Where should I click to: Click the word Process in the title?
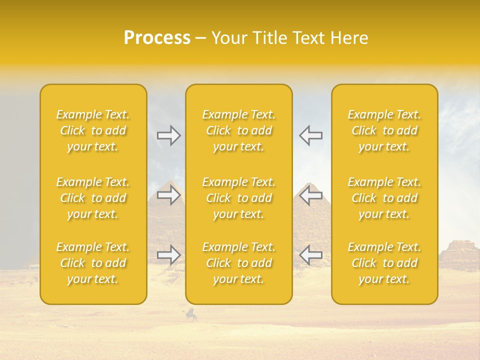[157, 38]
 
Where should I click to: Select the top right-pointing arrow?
[169, 135]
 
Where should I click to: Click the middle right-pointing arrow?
[169, 195]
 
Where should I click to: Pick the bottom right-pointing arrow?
[169, 255]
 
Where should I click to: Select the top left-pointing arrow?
[310, 135]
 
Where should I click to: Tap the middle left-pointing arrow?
[310, 195]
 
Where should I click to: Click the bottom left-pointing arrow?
[310, 255]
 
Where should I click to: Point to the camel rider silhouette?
[191, 315]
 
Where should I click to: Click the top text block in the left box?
[93, 130]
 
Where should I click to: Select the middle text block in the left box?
[93, 198]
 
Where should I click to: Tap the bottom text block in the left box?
[93, 263]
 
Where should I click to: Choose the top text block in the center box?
[239, 130]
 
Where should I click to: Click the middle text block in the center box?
[239, 198]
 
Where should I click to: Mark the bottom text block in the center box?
[239, 263]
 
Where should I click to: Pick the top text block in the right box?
[384, 130]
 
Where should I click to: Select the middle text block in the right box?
[384, 198]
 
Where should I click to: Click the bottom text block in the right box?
[384, 263]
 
